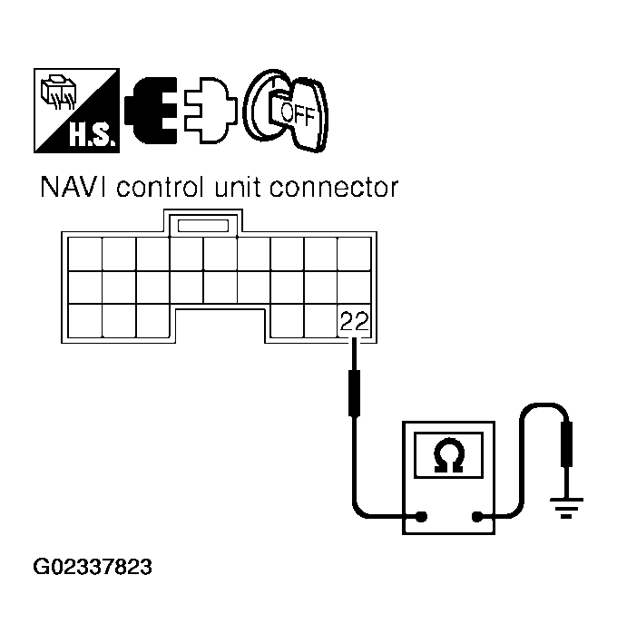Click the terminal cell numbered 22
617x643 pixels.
[354, 320]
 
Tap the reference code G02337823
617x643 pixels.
[93, 569]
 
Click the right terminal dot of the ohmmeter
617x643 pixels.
[476, 520]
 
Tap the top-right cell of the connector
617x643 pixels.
[354, 255]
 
